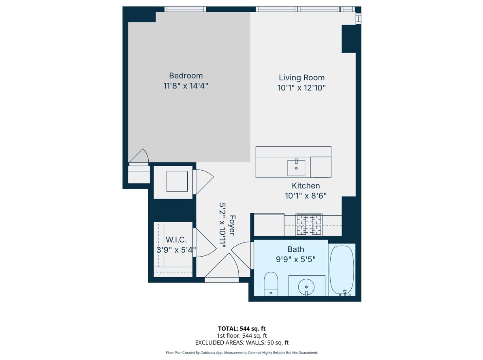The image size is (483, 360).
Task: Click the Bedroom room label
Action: tap(186, 76)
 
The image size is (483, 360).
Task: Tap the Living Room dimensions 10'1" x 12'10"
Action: tap(301, 88)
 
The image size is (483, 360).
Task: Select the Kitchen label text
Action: tap(306, 186)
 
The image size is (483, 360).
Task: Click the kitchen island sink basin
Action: tap(296, 168)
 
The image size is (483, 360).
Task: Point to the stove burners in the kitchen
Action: tap(309, 225)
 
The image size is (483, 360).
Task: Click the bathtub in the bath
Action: tap(342, 270)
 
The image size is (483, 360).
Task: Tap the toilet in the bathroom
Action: tap(271, 283)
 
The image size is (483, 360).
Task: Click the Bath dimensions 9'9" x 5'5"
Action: tap(295, 259)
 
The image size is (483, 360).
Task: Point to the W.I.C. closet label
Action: tap(176, 240)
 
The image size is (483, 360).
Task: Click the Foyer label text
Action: tap(232, 225)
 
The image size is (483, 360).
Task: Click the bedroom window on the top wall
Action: tap(185, 9)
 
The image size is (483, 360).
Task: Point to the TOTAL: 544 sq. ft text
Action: tap(241, 329)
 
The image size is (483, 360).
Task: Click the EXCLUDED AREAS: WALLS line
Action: tap(241, 343)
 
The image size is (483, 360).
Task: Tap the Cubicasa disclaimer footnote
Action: tap(241, 353)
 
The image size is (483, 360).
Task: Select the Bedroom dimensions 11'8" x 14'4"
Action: tap(186, 86)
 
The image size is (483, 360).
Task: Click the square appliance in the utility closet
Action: tap(177, 181)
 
